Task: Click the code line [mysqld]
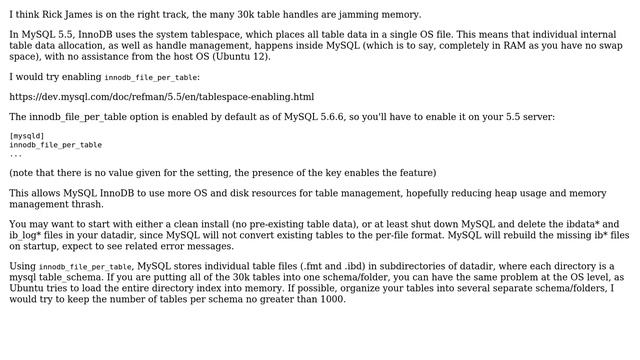point(27,136)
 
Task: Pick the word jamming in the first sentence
point(347,14)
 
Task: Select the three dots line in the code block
point(16,154)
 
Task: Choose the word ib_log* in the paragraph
point(30,235)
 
